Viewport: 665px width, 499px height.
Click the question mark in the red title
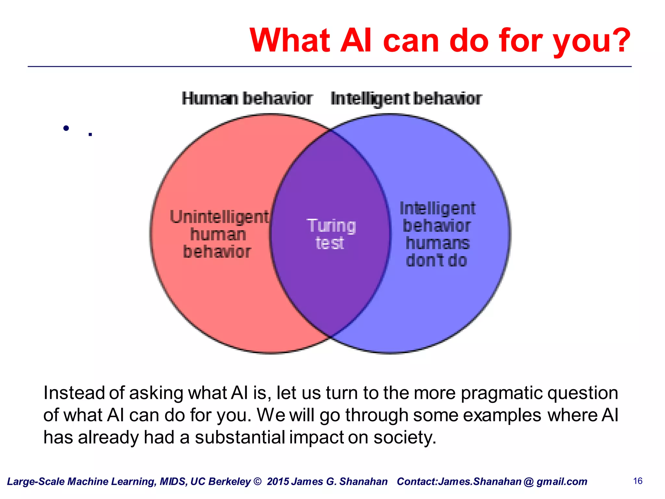pyautogui.click(x=619, y=40)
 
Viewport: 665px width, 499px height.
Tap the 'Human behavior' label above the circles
pyautogui.click(x=247, y=98)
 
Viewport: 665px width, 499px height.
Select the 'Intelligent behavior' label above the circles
pyautogui.click(x=406, y=98)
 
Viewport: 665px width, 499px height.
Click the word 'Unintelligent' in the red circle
pyautogui.click(x=219, y=217)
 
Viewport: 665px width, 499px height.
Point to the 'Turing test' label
pyautogui.click(x=331, y=234)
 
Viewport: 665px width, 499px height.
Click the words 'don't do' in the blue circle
pyautogui.click(x=436, y=260)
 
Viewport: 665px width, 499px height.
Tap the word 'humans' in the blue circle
pyautogui.click(x=437, y=243)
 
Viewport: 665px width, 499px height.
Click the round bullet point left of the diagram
pyautogui.click(x=66, y=128)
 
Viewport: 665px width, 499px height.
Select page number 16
pyautogui.click(x=638, y=481)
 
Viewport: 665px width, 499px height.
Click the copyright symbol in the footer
pyautogui.click(x=257, y=481)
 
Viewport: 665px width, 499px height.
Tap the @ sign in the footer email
pyautogui.click(x=529, y=481)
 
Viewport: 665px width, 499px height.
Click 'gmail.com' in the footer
pyautogui.click(x=562, y=481)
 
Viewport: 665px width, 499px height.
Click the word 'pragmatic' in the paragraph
pyautogui.click(x=502, y=393)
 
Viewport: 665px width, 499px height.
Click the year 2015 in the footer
pyautogui.click(x=278, y=481)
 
